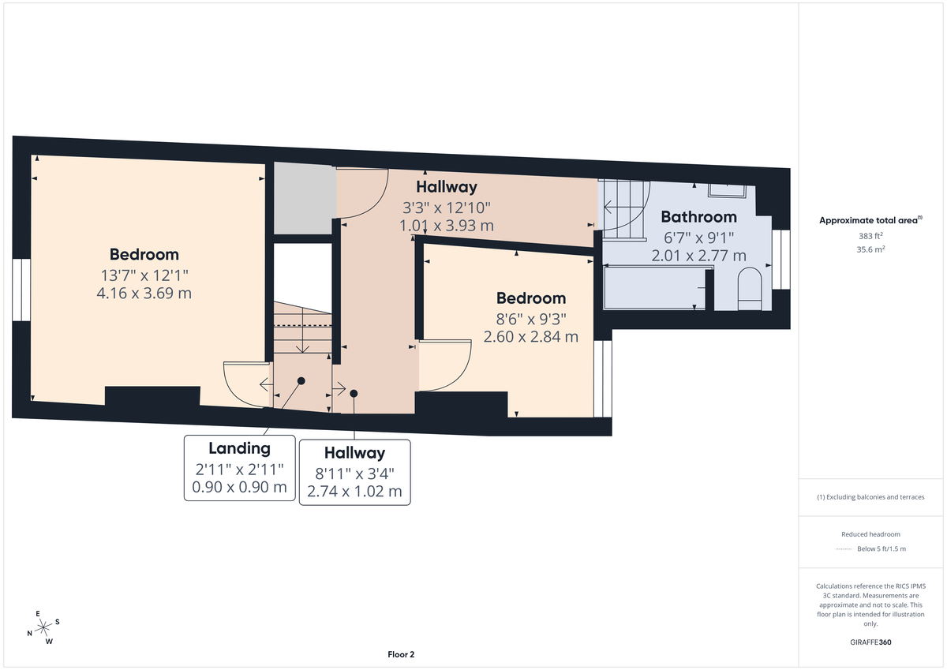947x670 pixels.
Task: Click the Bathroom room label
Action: pyautogui.click(x=698, y=216)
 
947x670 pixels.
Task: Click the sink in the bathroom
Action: pyautogui.click(x=730, y=189)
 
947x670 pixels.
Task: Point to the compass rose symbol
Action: pyautogui.click(x=43, y=627)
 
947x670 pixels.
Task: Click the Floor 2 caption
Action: pyautogui.click(x=401, y=654)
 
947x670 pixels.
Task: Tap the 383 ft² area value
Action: pyautogui.click(x=871, y=236)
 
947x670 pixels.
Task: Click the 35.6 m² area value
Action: pyautogui.click(x=871, y=249)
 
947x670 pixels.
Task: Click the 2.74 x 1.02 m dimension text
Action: pyautogui.click(x=354, y=491)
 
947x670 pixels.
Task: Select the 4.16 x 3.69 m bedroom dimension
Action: pyautogui.click(x=144, y=293)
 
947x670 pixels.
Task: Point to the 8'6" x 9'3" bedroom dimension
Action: pyautogui.click(x=530, y=319)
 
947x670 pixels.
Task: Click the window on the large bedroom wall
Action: pyautogui.click(x=21, y=290)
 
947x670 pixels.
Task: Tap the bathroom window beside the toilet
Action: pyautogui.click(x=781, y=260)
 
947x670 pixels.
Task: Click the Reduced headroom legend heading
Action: pyautogui.click(x=871, y=534)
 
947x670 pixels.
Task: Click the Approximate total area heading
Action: pyautogui.click(x=871, y=220)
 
